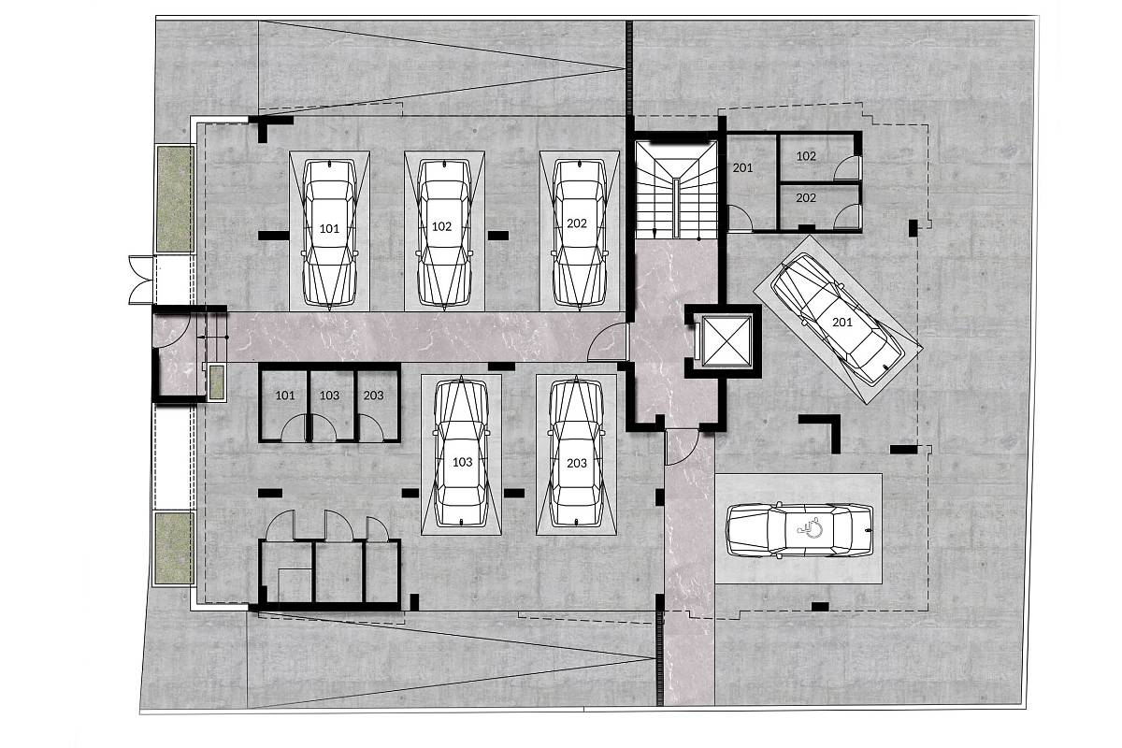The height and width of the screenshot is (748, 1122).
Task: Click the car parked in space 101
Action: tap(329, 233)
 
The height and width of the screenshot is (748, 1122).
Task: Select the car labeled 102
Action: tap(444, 233)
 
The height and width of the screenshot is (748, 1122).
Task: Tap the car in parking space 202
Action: tap(579, 233)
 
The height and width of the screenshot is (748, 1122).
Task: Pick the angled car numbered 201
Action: tap(837, 319)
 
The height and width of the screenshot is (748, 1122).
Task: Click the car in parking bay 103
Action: tap(461, 453)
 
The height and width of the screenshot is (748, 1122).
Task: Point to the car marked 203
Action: tap(577, 453)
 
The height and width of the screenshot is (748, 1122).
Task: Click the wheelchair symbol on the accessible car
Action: tap(810, 527)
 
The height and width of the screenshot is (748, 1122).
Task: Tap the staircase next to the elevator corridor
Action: tap(676, 190)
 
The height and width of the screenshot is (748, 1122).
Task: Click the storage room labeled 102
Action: tap(817, 157)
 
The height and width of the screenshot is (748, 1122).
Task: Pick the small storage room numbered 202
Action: tap(817, 207)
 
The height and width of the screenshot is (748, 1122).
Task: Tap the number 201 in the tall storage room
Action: tap(742, 168)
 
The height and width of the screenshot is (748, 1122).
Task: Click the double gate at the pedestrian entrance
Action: tap(142, 280)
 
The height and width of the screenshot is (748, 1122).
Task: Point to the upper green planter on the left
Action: tap(175, 199)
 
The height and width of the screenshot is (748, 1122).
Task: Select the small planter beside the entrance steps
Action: tap(216, 382)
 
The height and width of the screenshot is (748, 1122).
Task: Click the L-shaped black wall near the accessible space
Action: tap(824, 430)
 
